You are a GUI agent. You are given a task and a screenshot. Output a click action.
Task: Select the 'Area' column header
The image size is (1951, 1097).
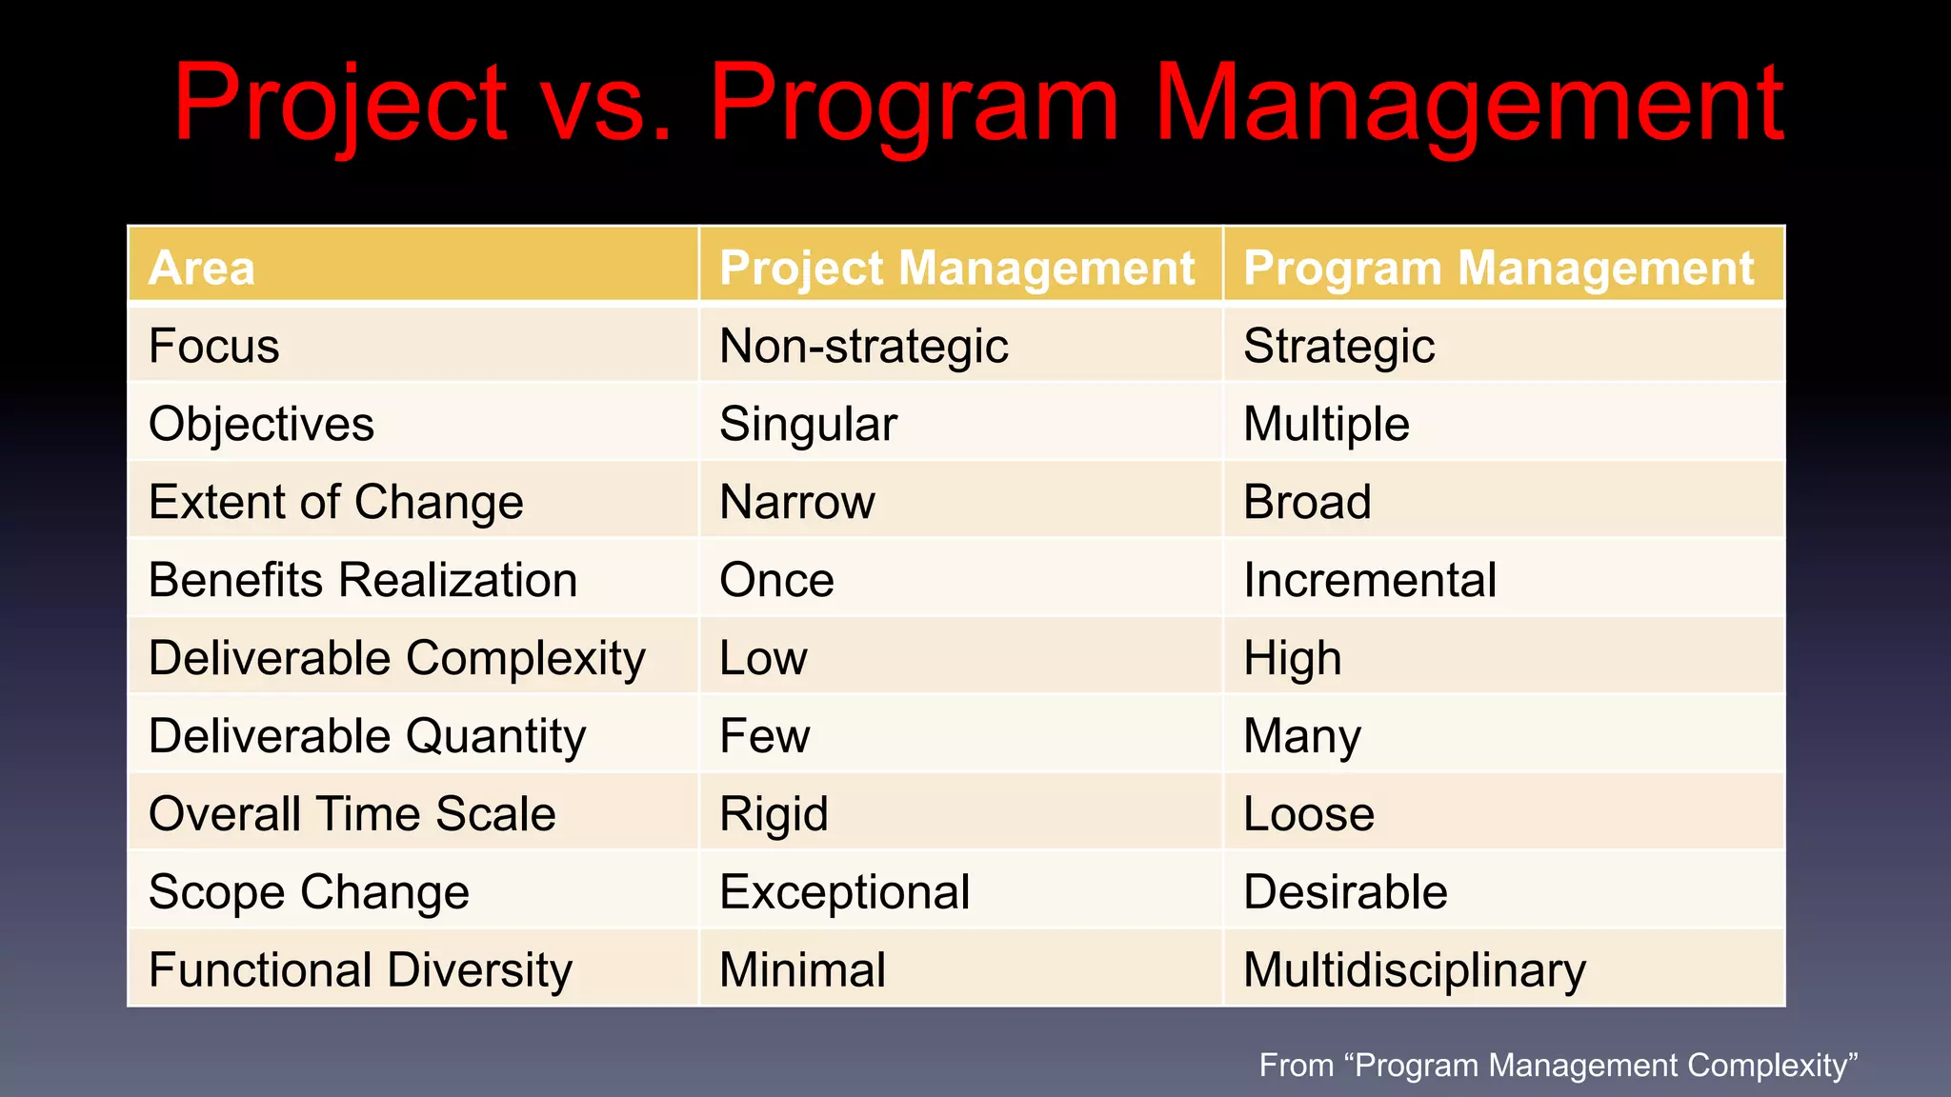point(202,268)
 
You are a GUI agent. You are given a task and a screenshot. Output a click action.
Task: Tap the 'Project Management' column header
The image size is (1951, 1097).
point(956,268)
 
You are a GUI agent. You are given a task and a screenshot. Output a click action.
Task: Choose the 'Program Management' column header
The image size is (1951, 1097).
point(1498,268)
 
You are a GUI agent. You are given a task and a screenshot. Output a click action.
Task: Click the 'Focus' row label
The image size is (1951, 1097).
point(214,346)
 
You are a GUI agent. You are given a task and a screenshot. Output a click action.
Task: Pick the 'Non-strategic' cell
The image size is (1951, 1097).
point(863,346)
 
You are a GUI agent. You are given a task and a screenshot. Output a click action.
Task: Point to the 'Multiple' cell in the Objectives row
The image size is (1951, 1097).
point(1326,424)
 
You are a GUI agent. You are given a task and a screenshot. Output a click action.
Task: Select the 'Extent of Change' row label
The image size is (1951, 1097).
point(336,502)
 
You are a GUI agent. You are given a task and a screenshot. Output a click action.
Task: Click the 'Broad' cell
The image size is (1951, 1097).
point(1307,502)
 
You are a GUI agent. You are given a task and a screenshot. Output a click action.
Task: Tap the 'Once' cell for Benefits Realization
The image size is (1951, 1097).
point(776,580)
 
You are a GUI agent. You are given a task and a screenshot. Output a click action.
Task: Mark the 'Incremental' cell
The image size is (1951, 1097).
point(1370,580)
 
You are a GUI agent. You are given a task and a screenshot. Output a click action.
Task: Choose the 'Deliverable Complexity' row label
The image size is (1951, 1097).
point(397,658)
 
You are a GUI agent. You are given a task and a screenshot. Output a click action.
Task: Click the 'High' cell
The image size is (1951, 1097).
point(1292,658)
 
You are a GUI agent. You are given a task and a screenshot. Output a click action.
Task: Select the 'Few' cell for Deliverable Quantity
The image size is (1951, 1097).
point(764,736)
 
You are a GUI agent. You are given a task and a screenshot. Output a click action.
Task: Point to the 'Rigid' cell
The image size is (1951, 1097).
point(774,814)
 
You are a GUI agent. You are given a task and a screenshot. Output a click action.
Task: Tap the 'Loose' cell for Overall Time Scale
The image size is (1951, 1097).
point(1309,814)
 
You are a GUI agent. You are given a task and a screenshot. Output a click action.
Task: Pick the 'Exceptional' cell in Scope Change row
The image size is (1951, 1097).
point(844,892)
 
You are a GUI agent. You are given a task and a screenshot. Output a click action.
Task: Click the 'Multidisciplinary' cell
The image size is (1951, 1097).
point(1415,970)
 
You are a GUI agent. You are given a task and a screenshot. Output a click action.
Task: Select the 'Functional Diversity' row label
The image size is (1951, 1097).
point(360,970)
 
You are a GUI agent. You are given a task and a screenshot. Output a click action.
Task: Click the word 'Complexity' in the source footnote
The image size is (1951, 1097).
point(1771,1066)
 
